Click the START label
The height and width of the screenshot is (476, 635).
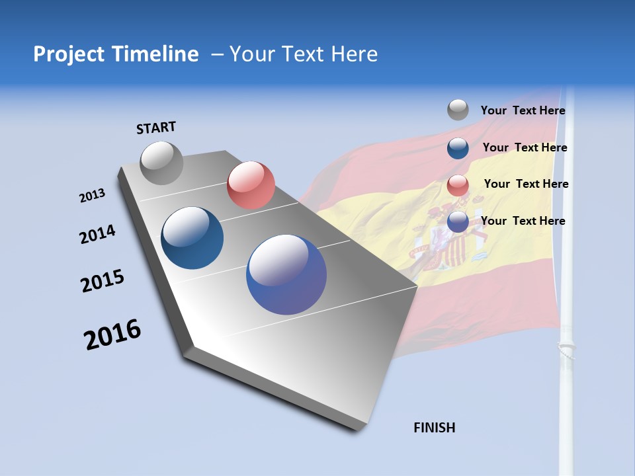click(x=156, y=128)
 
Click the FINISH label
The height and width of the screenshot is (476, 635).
click(x=434, y=428)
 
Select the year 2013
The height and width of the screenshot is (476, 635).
click(x=93, y=196)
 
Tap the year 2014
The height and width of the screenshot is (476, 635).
click(x=97, y=234)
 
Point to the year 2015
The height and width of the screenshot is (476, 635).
click(x=103, y=281)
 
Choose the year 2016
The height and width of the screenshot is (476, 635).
click(x=112, y=335)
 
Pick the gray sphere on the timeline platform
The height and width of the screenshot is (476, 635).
click(x=162, y=163)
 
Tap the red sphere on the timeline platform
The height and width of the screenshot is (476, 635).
click(x=251, y=185)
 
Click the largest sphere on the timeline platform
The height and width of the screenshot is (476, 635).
click(x=286, y=274)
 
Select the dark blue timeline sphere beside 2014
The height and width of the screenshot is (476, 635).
click(x=192, y=238)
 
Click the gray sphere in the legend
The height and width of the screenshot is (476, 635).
click(x=458, y=110)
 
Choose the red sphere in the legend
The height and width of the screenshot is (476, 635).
click(x=458, y=185)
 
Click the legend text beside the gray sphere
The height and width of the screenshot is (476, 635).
click(x=523, y=111)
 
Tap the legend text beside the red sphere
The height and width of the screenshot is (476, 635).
click(x=526, y=184)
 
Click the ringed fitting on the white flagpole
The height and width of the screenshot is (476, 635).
click(x=566, y=348)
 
